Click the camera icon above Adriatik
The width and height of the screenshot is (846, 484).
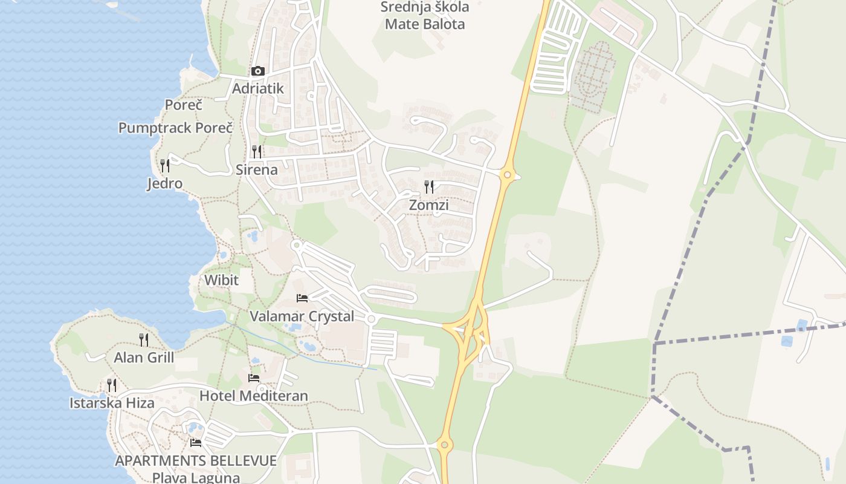tap(258, 71)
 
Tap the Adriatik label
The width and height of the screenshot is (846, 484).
tap(258, 88)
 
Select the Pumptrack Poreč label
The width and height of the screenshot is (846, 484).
tap(175, 128)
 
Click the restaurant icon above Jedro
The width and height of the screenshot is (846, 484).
tap(164, 165)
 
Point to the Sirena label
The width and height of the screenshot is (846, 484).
tap(257, 169)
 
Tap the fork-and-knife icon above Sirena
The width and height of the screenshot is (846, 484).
tap(257, 151)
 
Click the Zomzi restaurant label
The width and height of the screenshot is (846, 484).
tap(428, 205)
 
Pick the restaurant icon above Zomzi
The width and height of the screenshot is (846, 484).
tap(429, 186)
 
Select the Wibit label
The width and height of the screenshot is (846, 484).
tap(221, 280)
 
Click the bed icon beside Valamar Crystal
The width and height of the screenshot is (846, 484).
tap(302, 298)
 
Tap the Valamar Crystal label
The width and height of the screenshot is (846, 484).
tap(302, 316)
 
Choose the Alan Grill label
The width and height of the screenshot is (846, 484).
tap(144, 358)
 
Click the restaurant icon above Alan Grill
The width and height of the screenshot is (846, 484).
tap(144, 339)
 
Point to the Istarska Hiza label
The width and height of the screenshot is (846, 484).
tap(112, 403)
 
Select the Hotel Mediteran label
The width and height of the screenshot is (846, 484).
tap(254, 396)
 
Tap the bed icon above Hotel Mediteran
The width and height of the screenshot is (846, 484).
tap(254, 378)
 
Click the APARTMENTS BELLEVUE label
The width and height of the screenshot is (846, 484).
tap(196, 460)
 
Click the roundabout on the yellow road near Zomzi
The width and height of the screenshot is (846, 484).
tap(508, 175)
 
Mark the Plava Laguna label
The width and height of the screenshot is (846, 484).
tap(196, 477)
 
